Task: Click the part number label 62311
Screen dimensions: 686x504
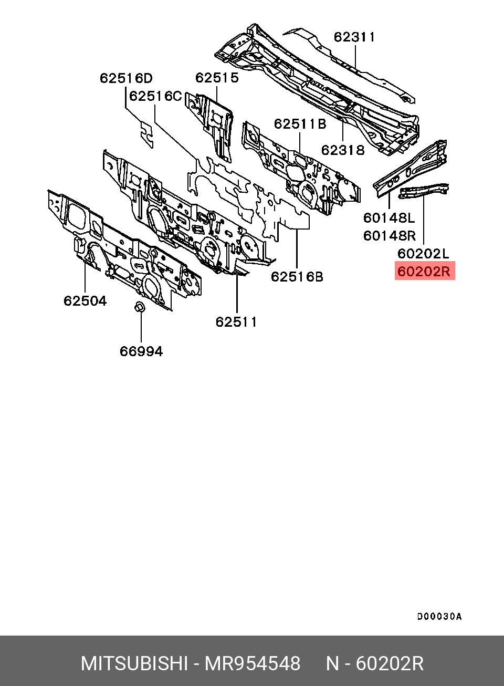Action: tap(354, 37)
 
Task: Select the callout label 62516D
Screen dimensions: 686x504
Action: tap(126, 78)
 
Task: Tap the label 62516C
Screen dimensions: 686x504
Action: tap(155, 96)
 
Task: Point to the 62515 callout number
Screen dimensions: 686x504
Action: tap(217, 78)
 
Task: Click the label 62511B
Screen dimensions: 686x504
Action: tap(300, 124)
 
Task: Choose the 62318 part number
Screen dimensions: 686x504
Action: tap(343, 150)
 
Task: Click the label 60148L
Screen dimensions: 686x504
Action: tap(389, 217)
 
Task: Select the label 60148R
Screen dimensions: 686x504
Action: tap(389, 235)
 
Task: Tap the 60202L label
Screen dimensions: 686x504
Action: tap(423, 254)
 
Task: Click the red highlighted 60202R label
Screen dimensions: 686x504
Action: tap(424, 272)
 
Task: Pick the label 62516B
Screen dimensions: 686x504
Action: tap(297, 277)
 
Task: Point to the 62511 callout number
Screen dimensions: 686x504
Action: tap(236, 322)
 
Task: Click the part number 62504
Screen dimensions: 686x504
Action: tap(85, 301)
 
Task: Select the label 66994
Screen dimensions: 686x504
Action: tap(141, 351)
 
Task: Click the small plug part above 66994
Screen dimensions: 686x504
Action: tap(140, 307)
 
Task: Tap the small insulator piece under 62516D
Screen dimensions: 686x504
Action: tap(147, 134)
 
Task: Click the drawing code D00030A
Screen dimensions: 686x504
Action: tap(439, 617)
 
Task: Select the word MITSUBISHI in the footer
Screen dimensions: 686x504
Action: tap(134, 664)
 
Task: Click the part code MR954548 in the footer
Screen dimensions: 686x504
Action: tap(252, 664)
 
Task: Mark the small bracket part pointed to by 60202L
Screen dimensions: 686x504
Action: tap(423, 191)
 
